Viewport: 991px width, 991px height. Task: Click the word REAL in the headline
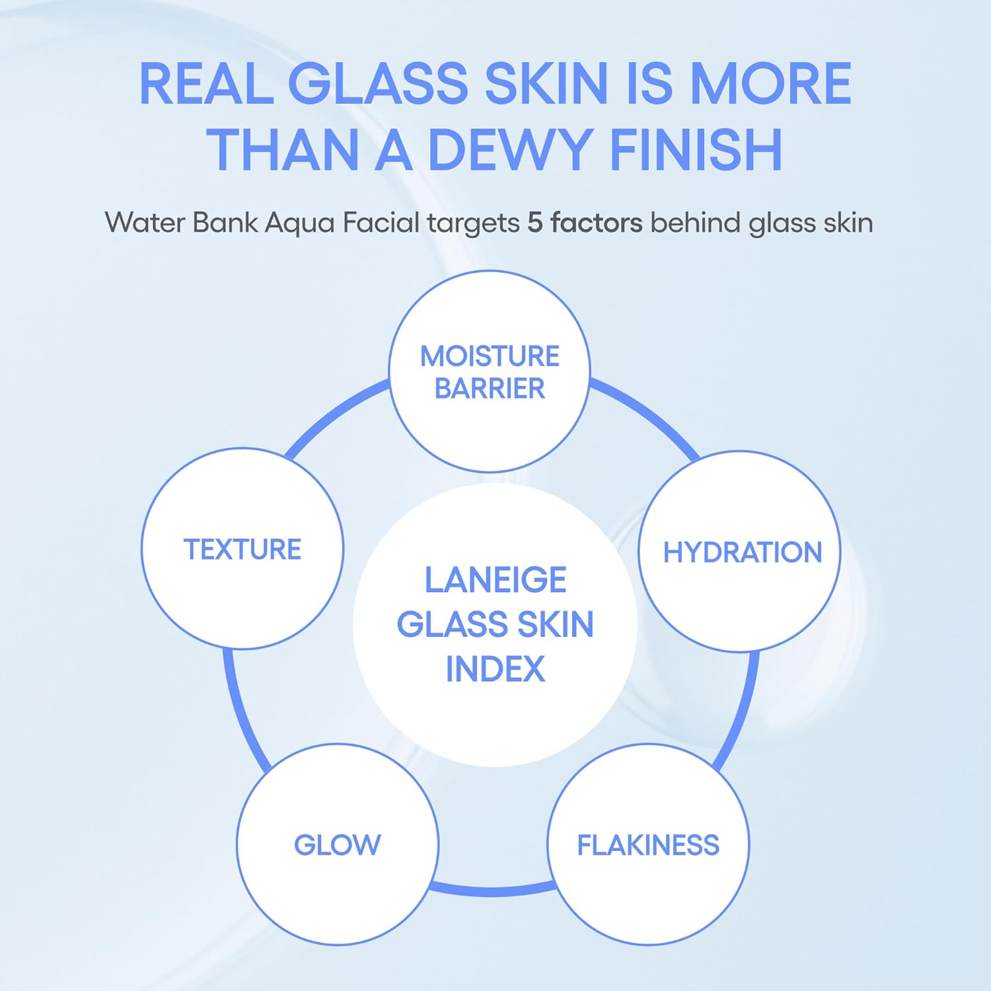click(206, 84)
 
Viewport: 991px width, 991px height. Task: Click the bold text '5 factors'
click(585, 223)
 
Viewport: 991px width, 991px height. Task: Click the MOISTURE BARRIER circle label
click(490, 371)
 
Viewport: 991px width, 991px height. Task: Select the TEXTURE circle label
click(242, 549)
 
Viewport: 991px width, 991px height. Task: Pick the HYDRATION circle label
click(742, 552)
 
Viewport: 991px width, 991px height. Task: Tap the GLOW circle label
click(338, 845)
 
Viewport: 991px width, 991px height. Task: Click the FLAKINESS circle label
click(648, 845)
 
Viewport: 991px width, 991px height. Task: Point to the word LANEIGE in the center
click(495, 580)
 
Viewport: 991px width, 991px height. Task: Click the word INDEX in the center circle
click(495, 669)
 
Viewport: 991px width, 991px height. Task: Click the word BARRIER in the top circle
click(490, 388)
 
